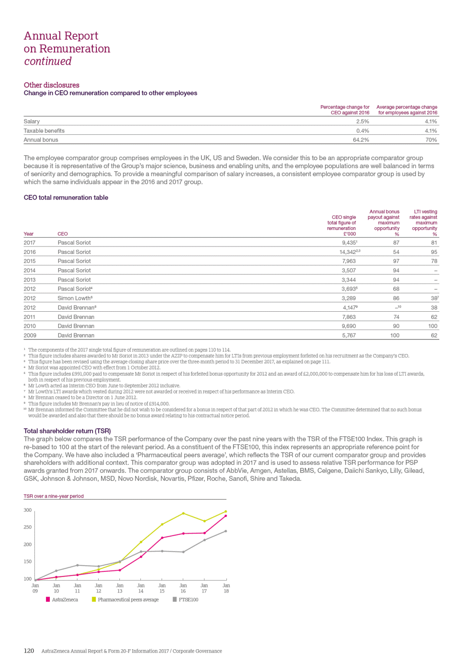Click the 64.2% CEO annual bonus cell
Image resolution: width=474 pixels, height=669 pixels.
point(361,140)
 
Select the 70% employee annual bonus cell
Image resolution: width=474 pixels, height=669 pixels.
point(431,140)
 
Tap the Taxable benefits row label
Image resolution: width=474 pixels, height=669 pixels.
point(44,131)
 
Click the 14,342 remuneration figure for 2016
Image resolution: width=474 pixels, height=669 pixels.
point(349,252)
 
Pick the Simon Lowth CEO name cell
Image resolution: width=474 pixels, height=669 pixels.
point(75,298)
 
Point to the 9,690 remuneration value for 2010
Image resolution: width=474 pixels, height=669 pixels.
point(349,326)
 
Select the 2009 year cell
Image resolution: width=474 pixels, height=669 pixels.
point(30,335)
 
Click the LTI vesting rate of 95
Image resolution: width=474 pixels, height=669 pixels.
point(434,252)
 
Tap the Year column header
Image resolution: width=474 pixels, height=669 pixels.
point(29,234)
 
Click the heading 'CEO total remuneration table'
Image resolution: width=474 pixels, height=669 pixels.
point(66,198)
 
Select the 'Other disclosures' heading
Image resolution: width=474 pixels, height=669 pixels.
point(52,85)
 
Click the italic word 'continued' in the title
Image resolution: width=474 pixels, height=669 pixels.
point(48,62)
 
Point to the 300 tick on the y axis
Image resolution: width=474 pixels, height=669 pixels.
point(28,510)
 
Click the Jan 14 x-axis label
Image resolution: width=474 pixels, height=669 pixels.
point(141,588)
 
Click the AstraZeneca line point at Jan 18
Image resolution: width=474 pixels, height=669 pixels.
point(226,516)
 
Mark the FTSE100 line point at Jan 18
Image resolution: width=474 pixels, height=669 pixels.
point(226,531)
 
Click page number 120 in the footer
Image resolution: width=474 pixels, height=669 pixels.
point(29,651)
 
